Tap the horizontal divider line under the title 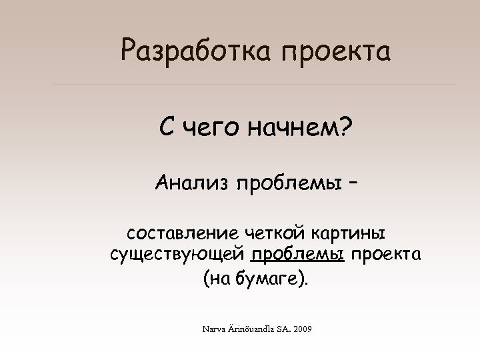pos(255,85)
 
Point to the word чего pos(210,127)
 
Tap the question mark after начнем pos(347,126)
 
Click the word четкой pos(276,234)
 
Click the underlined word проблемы pos(297,256)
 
